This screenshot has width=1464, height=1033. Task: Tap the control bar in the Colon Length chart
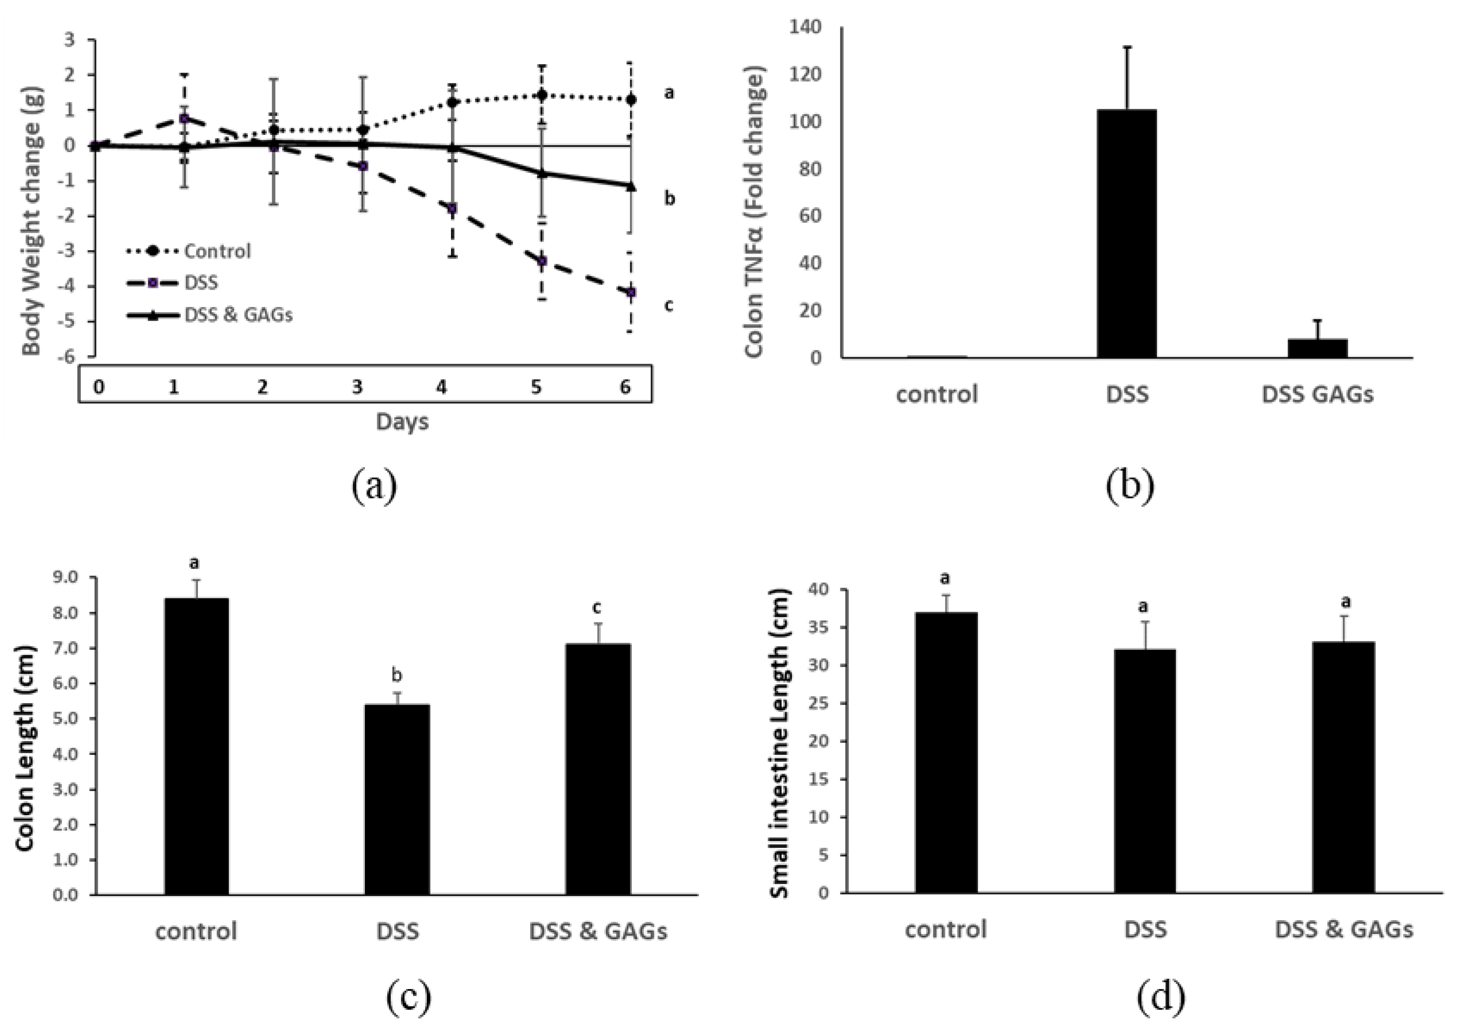(x=196, y=746)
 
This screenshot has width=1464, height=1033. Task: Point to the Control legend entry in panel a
(x=217, y=251)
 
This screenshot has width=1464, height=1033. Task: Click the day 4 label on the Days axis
(x=441, y=387)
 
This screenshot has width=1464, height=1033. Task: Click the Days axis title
(x=402, y=421)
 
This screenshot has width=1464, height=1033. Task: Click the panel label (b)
(x=1129, y=486)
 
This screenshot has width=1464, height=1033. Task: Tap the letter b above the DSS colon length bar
(x=397, y=674)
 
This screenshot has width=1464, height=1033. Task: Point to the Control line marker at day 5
(x=541, y=96)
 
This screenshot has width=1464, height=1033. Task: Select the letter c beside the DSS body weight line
(x=668, y=306)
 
